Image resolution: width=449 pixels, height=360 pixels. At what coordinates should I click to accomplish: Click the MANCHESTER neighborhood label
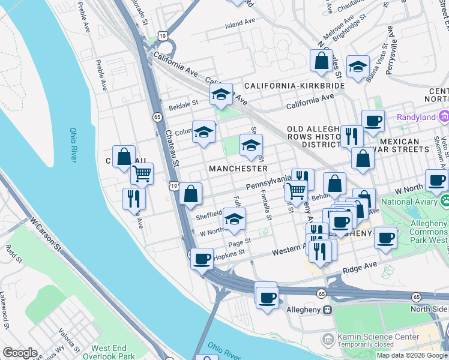pos(238,169)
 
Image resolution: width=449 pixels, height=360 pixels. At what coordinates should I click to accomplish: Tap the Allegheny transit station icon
pos(328,310)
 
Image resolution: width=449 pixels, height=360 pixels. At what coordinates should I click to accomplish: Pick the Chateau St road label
pos(172,148)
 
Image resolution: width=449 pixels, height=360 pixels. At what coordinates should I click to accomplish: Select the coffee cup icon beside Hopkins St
pos(202,259)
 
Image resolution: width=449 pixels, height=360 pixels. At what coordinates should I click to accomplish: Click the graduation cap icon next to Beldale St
pos(221,94)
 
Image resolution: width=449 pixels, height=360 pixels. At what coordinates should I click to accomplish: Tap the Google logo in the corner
pos(20,352)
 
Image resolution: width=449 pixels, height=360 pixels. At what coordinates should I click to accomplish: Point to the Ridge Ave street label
pos(359,265)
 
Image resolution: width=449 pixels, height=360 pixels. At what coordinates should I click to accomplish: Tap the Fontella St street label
pos(267,211)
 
